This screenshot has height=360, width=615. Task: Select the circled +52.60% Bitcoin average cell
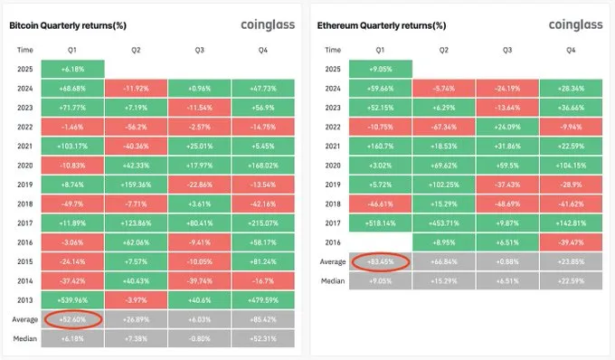point(74,318)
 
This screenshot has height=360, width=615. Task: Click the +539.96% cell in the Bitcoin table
point(74,299)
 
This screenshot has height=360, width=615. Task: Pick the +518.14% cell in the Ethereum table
point(380,223)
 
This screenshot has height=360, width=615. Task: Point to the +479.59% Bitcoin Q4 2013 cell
point(262,299)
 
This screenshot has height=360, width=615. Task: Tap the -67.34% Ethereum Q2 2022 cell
point(444,126)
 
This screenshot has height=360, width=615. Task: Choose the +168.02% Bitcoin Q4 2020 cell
point(262,165)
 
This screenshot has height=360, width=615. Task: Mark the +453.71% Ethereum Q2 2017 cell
point(444,223)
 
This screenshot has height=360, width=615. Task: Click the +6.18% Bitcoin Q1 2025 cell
point(74,69)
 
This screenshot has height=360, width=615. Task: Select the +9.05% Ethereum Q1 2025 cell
point(380,69)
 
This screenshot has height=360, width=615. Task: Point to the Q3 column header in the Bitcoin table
point(200,49)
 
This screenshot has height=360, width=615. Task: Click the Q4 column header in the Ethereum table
point(571,49)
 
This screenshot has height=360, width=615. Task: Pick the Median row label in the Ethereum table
point(333,281)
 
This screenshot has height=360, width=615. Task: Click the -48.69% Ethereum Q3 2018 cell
point(507,204)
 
